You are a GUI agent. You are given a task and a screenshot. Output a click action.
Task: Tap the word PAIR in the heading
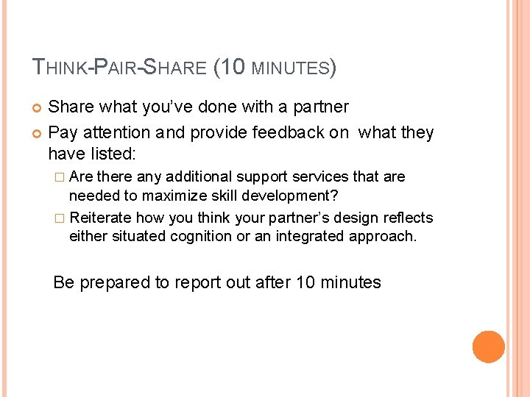click(113, 68)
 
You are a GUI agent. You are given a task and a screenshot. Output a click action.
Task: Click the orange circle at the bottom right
click(488, 346)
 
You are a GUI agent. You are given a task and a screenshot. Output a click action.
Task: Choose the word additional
click(199, 177)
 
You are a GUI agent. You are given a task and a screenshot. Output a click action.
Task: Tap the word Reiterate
click(101, 218)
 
